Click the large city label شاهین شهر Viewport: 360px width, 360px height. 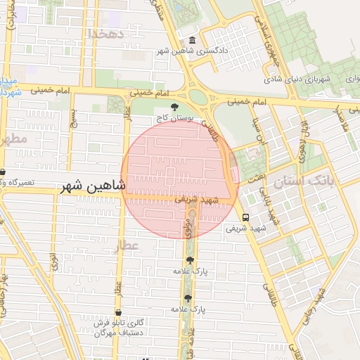click(93, 186)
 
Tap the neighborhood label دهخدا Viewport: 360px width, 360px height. click(107, 33)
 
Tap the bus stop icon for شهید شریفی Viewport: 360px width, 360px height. click(245, 217)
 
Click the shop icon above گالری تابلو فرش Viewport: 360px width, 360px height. click(117, 312)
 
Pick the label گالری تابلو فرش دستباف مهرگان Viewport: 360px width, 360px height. click(120, 327)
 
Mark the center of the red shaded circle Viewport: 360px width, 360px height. click(180, 179)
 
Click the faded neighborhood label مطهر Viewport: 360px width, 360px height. click(13, 139)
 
